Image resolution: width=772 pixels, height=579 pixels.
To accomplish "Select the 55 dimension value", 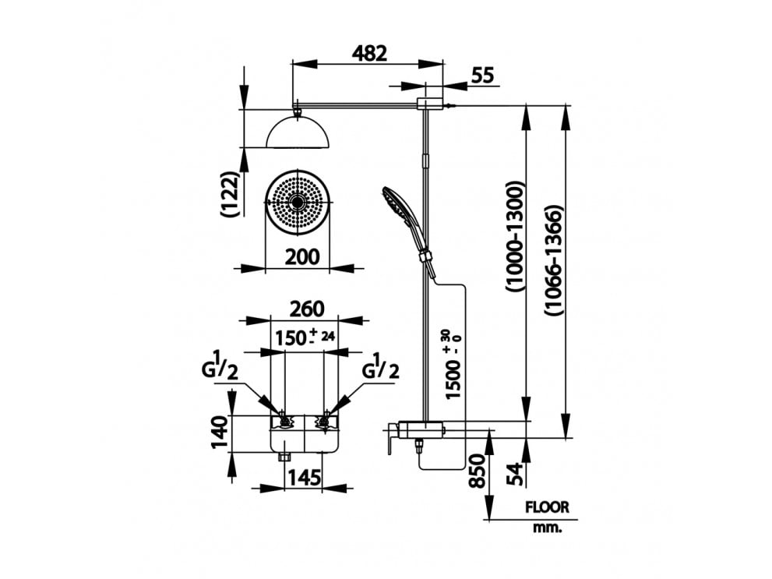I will pyautogui.click(x=483, y=76).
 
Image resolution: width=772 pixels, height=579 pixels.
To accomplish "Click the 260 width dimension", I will pyautogui.click(x=306, y=309).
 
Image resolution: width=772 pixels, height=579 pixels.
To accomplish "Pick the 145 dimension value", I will pyautogui.click(x=305, y=477).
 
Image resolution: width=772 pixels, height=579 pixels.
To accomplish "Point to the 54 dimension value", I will pyautogui.click(x=513, y=472).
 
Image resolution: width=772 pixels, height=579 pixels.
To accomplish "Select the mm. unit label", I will pyautogui.click(x=548, y=528).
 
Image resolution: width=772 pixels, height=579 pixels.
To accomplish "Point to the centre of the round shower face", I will pyautogui.click(x=298, y=202).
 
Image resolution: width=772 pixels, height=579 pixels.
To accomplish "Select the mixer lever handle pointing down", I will pyautogui.click(x=386, y=443).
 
